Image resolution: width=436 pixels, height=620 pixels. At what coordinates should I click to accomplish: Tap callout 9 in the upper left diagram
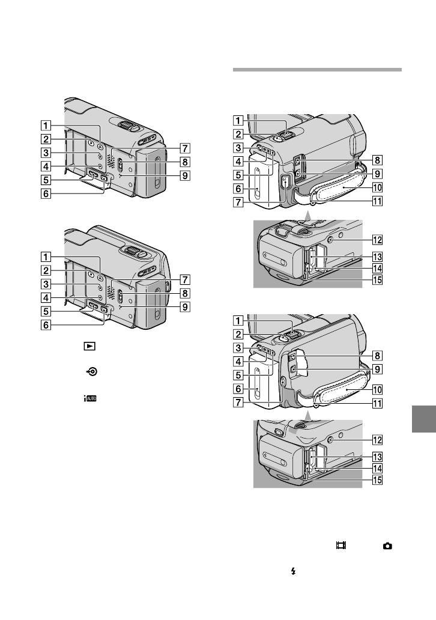click(x=187, y=176)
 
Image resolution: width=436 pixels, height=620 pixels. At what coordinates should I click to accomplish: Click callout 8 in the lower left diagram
click(x=187, y=293)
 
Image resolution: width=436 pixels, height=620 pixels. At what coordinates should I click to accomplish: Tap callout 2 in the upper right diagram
click(x=238, y=134)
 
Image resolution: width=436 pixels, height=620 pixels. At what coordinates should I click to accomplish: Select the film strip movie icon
click(x=341, y=546)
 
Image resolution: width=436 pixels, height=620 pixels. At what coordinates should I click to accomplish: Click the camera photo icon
click(x=387, y=546)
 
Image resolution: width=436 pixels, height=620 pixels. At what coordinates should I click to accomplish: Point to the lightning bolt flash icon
click(x=293, y=574)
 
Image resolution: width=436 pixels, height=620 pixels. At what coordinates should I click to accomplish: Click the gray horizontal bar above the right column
click(x=316, y=70)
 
